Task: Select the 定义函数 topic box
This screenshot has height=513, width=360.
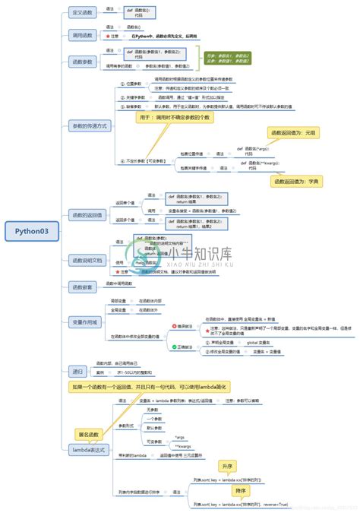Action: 83,13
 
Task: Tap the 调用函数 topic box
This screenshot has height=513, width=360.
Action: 83,35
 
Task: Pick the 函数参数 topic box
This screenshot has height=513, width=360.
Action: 83,61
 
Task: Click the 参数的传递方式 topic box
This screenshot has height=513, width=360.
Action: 90,125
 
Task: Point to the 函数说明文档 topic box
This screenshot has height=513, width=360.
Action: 87,260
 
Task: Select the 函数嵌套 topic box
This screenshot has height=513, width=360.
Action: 82,287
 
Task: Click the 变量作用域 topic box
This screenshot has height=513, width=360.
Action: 84,321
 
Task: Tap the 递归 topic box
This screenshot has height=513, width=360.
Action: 77,372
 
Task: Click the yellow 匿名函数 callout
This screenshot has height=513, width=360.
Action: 90,434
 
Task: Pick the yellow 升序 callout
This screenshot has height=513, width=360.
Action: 227,465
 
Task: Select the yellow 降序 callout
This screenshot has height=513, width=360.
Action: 240,491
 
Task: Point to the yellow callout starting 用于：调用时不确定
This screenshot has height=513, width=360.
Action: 175,118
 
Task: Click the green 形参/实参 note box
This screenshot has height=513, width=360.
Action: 230,60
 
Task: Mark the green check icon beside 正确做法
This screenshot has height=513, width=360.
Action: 174,347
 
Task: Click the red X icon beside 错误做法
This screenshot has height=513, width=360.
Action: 174,326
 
